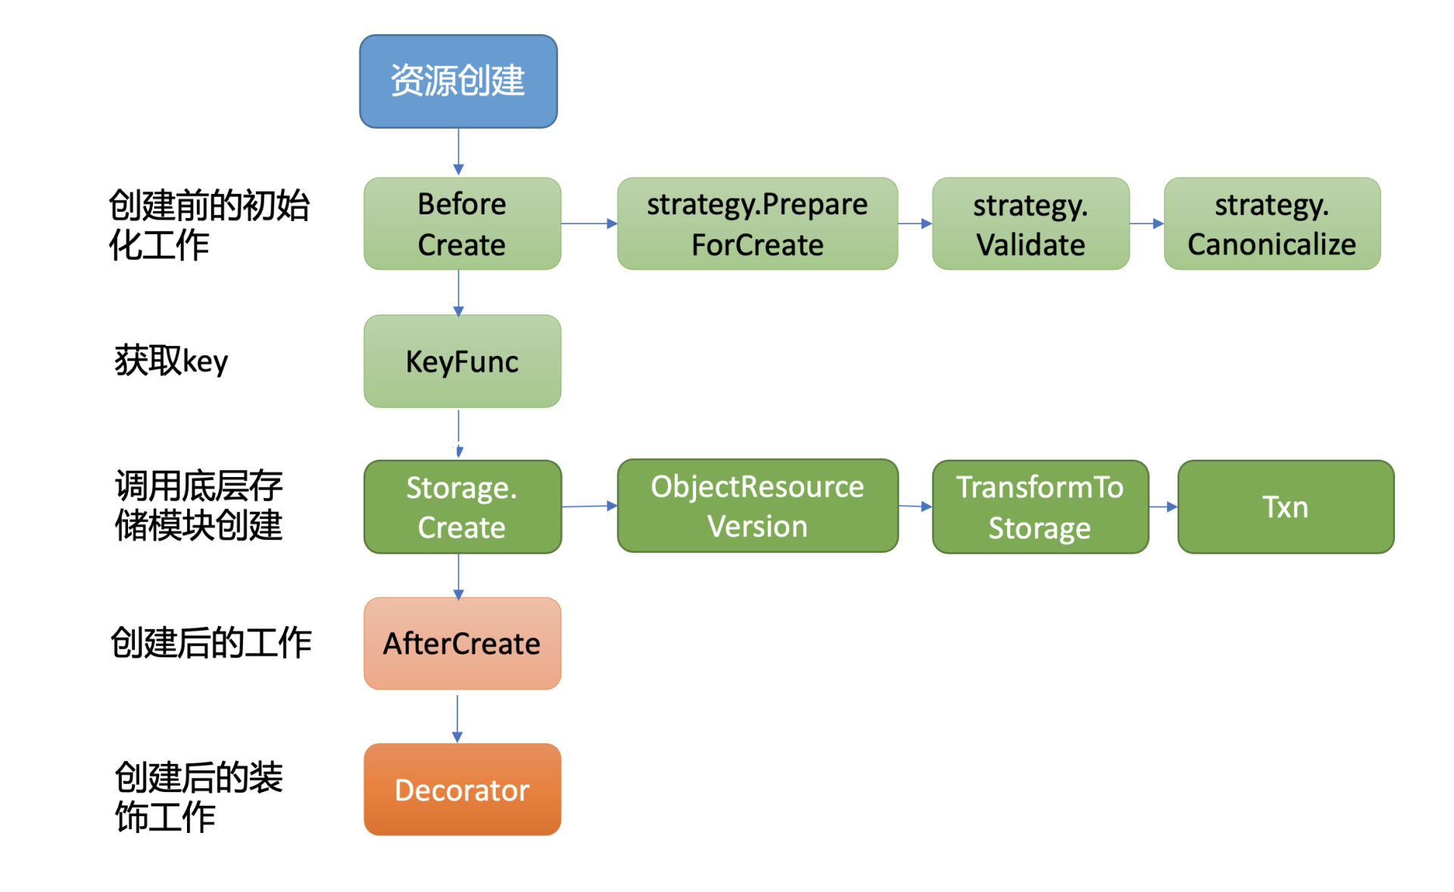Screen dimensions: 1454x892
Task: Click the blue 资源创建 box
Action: coord(458,81)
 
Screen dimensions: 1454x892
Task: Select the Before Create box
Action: coord(462,223)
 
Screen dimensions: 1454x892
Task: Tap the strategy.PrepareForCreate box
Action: coord(757,223)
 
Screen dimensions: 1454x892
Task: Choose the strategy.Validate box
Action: coord(1031,223)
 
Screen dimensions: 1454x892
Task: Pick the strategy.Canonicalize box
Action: coord(1272,223)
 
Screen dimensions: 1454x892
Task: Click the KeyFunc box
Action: coord(462,361)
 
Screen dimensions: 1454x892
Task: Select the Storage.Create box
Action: coord(462,507)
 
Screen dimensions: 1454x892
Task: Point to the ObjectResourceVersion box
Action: coord(757,506)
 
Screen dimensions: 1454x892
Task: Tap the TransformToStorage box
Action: coord(1040,507)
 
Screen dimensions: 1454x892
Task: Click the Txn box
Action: coord(1286,507)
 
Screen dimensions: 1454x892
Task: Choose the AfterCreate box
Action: coord(462,644)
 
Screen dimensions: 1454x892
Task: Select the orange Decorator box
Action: coord(462,789)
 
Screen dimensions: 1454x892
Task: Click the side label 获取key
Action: coord(171,360)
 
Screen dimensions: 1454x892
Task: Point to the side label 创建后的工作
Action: coord(211,643)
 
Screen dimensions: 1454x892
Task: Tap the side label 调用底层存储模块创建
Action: coord(198,505)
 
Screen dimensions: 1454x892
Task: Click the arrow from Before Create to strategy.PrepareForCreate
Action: coord(589,223)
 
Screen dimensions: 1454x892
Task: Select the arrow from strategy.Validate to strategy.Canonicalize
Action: coord(1147,223)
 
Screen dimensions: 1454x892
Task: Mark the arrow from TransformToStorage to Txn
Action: coord(1163,507)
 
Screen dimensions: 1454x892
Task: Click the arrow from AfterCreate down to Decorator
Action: coord(457,719)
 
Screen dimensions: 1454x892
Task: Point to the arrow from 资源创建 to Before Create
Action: coord(458,151)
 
